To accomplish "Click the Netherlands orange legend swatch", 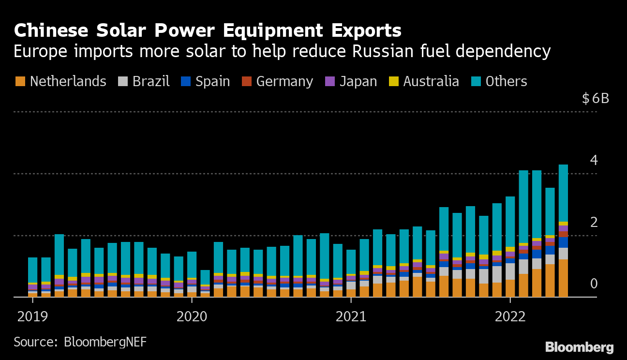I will click(x=20, y=81).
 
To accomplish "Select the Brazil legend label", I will click(x=151, y=81).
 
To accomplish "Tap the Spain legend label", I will click(x=212, y=81).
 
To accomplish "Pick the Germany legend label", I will click(x=284, y=81).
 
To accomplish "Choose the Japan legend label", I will click(x=358, y=81).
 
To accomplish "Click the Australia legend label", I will click(x=431, y=81).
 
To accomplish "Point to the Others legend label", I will click(x=506, y=81).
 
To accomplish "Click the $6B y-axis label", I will click(x=596, y=99).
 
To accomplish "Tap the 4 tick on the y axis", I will click(x=594, y=160).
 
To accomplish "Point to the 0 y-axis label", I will click(x=594, y=284).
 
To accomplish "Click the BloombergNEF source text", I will click(x=105, y=342).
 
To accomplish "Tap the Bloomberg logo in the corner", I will click(x=579, y=347).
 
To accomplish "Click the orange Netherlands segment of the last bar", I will click(x=563, y=278).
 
